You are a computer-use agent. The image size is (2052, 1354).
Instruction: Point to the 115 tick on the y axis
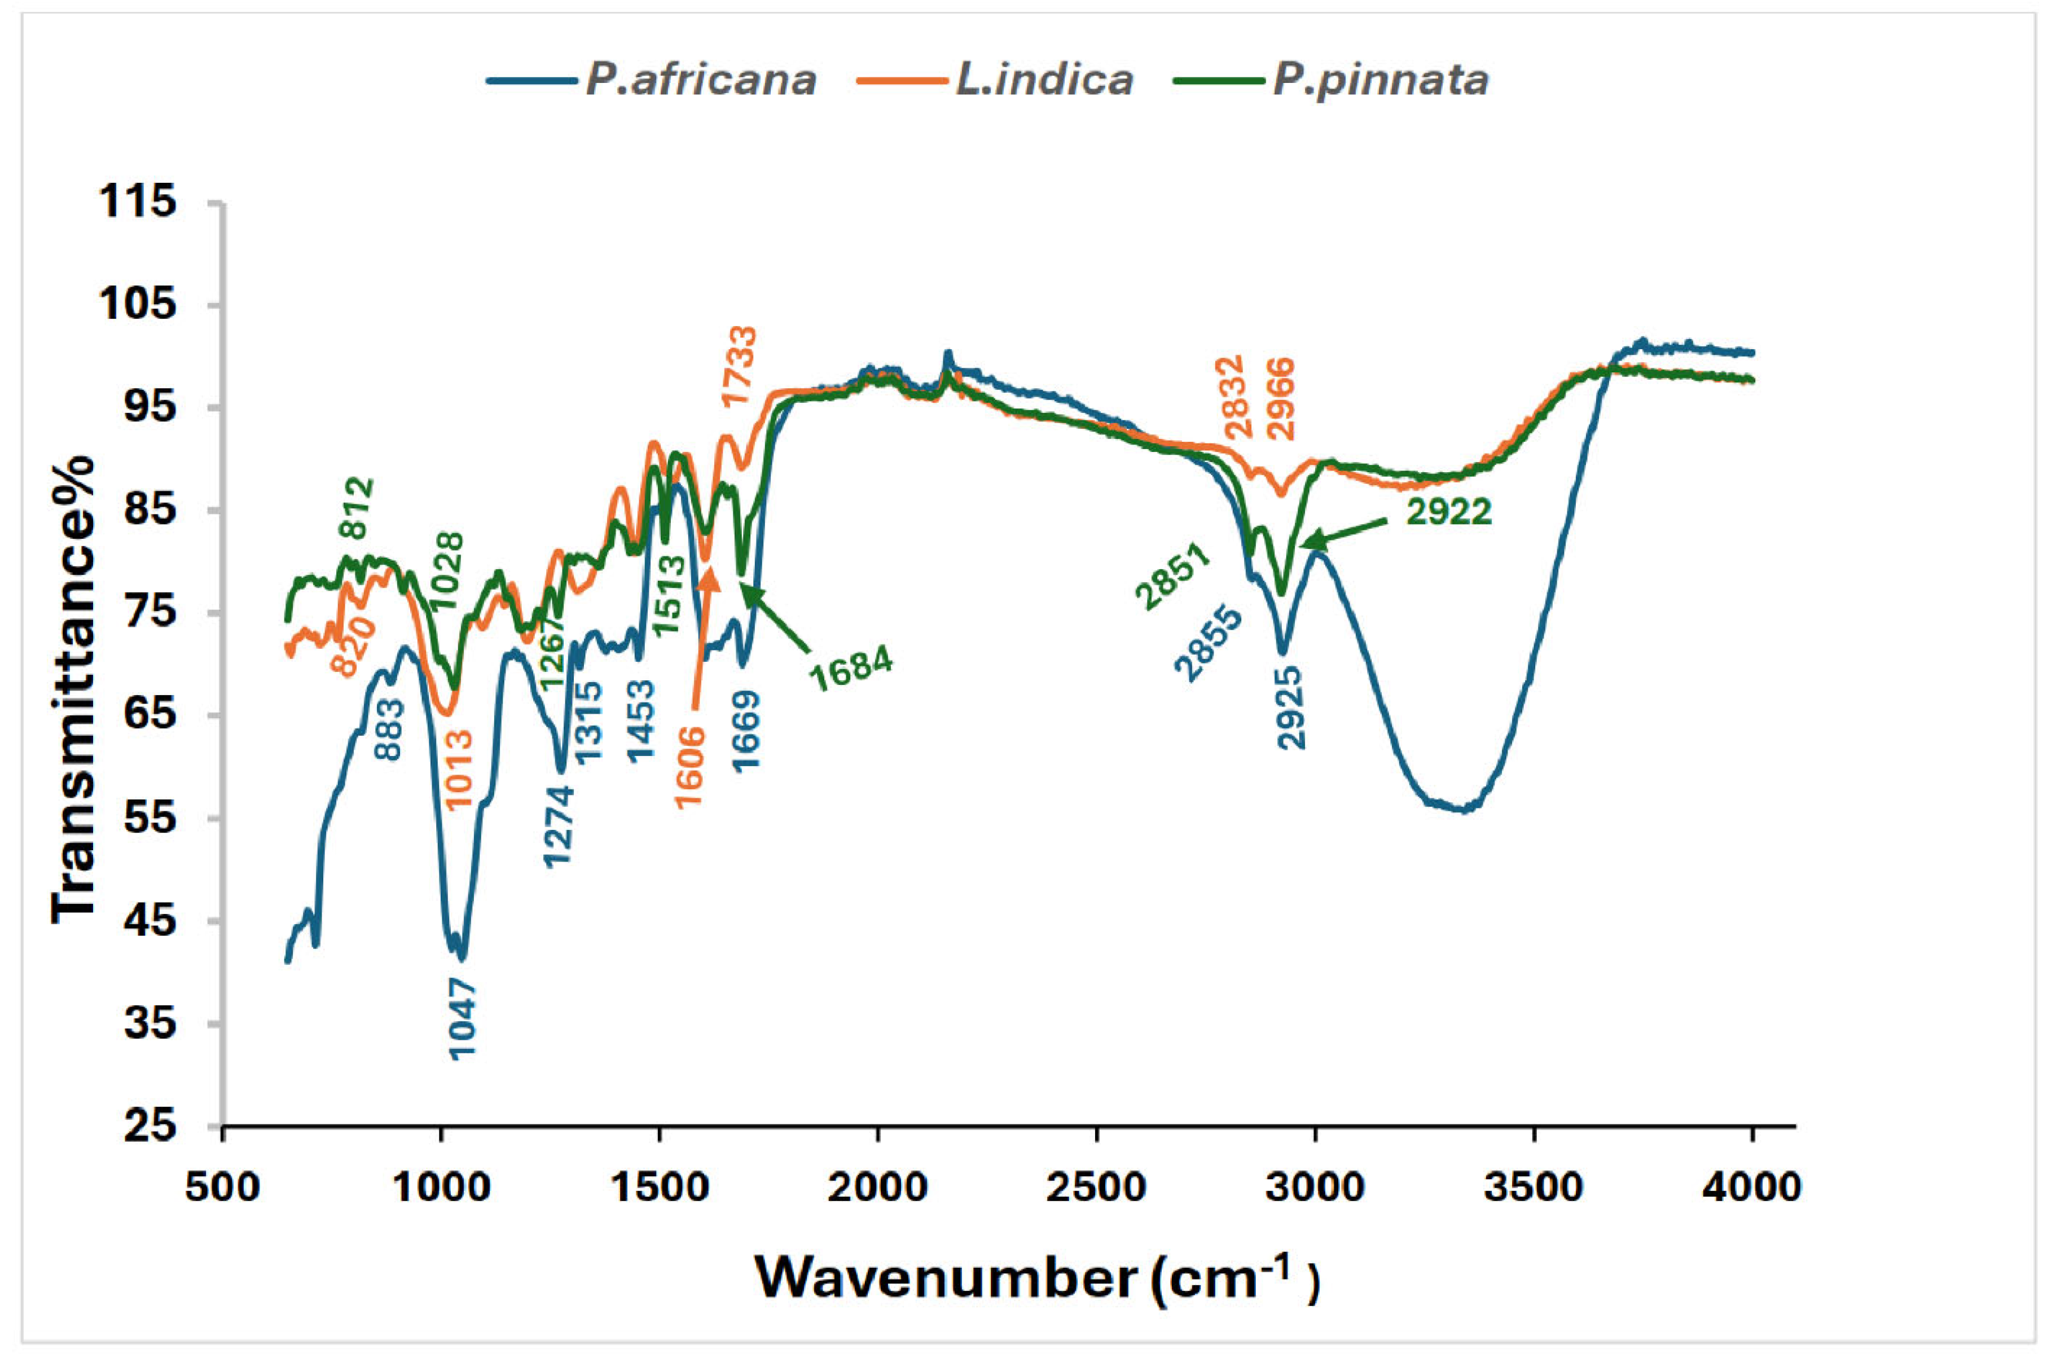click(138, 203)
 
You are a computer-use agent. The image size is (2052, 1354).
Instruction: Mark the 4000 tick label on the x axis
click(1751, 1188)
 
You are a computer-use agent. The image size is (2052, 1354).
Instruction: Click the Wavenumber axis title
click(1036, 1278)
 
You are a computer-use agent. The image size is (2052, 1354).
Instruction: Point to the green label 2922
click(1448, 512)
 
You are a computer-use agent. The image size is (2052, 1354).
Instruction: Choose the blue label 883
click(389, 729)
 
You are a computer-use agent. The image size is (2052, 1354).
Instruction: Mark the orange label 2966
click(1282, 398)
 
